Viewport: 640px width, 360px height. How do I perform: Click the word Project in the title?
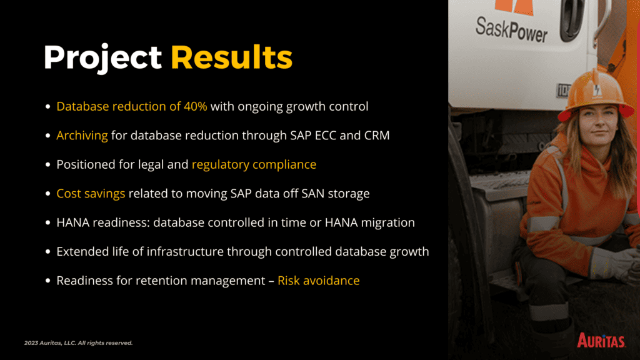pos(102,57)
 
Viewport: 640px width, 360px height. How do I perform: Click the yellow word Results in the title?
pos(231,57)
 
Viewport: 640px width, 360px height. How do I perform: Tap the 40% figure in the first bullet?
pos(196,106)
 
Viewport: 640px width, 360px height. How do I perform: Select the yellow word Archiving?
pos(82,136)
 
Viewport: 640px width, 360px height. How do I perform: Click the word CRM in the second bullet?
pos(377,135)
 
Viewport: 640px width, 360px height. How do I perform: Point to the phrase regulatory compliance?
pos(254,164)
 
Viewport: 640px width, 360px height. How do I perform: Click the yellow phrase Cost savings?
pos(91,194)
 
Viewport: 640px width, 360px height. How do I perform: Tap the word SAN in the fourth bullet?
pos(313,194)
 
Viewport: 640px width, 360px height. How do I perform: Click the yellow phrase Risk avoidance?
pos(318,281)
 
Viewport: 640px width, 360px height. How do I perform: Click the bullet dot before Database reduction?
pos(47,106)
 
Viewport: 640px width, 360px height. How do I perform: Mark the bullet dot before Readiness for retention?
pos(47,281)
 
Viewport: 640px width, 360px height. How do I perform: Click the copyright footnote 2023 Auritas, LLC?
pos(78,343)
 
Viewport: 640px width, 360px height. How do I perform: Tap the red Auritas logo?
pos(601,340)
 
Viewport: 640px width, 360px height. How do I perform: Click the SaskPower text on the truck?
pos(511,29)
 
